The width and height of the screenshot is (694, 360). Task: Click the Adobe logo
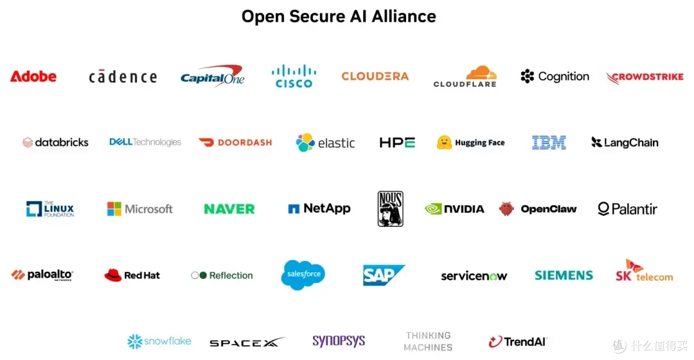tap(33, 76)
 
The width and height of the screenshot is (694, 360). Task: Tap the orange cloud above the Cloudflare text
tap(481, 72)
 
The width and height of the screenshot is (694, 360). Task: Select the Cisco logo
tap(294, 76)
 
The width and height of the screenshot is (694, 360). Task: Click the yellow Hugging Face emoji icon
tap(444, 143)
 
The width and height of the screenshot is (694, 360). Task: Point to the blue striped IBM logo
tap(549, 143)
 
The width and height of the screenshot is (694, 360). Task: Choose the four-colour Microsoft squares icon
tap(114, 208)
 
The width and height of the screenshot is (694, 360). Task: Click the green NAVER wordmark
tap(229, 209)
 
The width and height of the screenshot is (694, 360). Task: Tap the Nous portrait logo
tap(391, 208)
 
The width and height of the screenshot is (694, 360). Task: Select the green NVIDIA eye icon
tap(433, 209)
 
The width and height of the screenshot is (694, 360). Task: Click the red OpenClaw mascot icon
tap(506, 208)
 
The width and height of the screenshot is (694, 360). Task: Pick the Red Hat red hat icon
tap(113, 275)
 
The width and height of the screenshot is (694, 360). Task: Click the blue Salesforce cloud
tap(303, 274)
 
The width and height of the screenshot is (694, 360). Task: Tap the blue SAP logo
tap(383, 275)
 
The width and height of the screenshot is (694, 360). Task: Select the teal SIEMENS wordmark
tap(564, 275)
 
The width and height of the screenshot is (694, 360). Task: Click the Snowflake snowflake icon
tap(134, 341)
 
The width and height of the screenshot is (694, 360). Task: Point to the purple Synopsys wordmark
tap(339, 341)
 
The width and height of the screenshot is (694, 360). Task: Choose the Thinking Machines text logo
tap(428, 341)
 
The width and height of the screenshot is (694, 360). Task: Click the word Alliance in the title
tap(404, 16)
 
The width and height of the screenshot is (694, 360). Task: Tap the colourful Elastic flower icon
tap(305, 143)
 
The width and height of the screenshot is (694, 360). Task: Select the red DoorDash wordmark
tap(245, 143)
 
